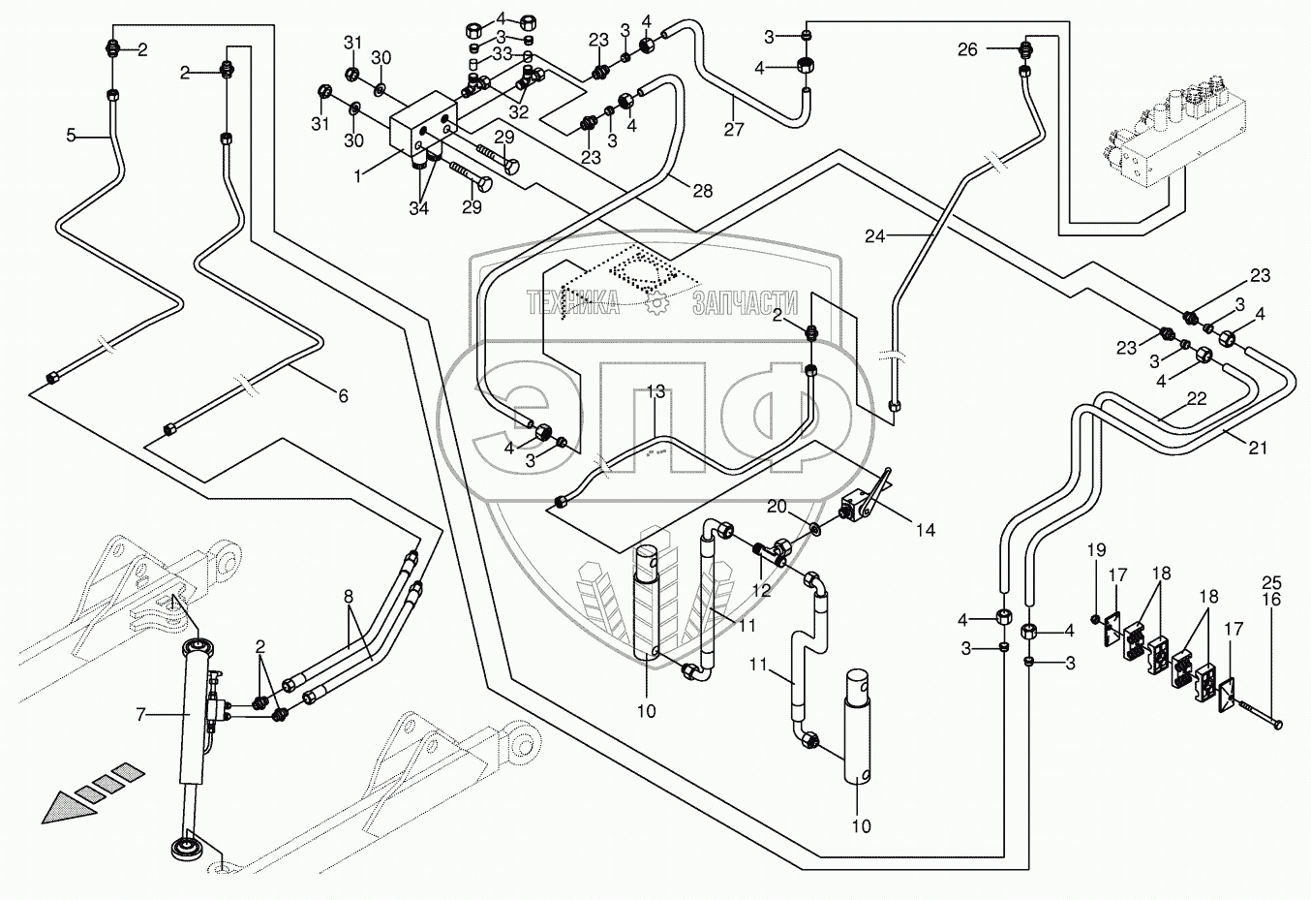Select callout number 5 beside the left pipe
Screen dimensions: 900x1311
[x=71, y=136]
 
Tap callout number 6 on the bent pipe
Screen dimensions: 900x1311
[x=342, y=395]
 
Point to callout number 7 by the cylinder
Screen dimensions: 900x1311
[x=140, y=715]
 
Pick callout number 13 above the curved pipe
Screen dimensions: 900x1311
[x=655, y=391]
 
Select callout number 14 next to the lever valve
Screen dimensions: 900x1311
[x=926, y=530]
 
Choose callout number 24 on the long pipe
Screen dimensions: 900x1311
[x=875, y=234]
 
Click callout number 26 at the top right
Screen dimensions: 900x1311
[x=967, y=49]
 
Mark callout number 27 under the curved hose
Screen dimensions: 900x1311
[x=734, y=129]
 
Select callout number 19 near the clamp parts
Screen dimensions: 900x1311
[x=1095, y=550]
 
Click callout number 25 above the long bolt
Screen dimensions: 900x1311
[x=1271, y=582]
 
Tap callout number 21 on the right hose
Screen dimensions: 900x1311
[x=1258, y=448]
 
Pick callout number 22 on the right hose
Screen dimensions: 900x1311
[x=1197, y=399]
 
